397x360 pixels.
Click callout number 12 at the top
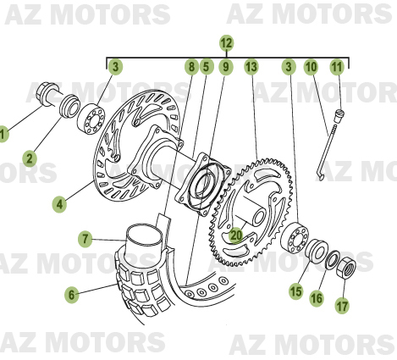pyautogui.click(x=226, y=42)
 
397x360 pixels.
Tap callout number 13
pyautogui.click(x=251, y=66)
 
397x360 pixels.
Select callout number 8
pyautogui.click(x=191, y=66)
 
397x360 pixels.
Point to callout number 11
pyautogui.click(x=337, y=66)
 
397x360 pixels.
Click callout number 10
pyautogui.click(x=311, y=66)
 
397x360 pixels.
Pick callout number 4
pyautogui.click(x=59, y=203)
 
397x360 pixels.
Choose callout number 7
pyautogui.click(x=85, y=239)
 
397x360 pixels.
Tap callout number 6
pyautogui.click(x=72, y=294)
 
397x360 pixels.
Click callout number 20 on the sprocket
pyautogui.click(x=236, y=238)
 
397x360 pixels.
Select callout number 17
pyautogui.click(x=342, y=305)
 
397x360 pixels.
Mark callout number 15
pyautogui.click(x=295, y=291)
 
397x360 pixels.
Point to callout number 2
pyautogui.click(x=30, y=157)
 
